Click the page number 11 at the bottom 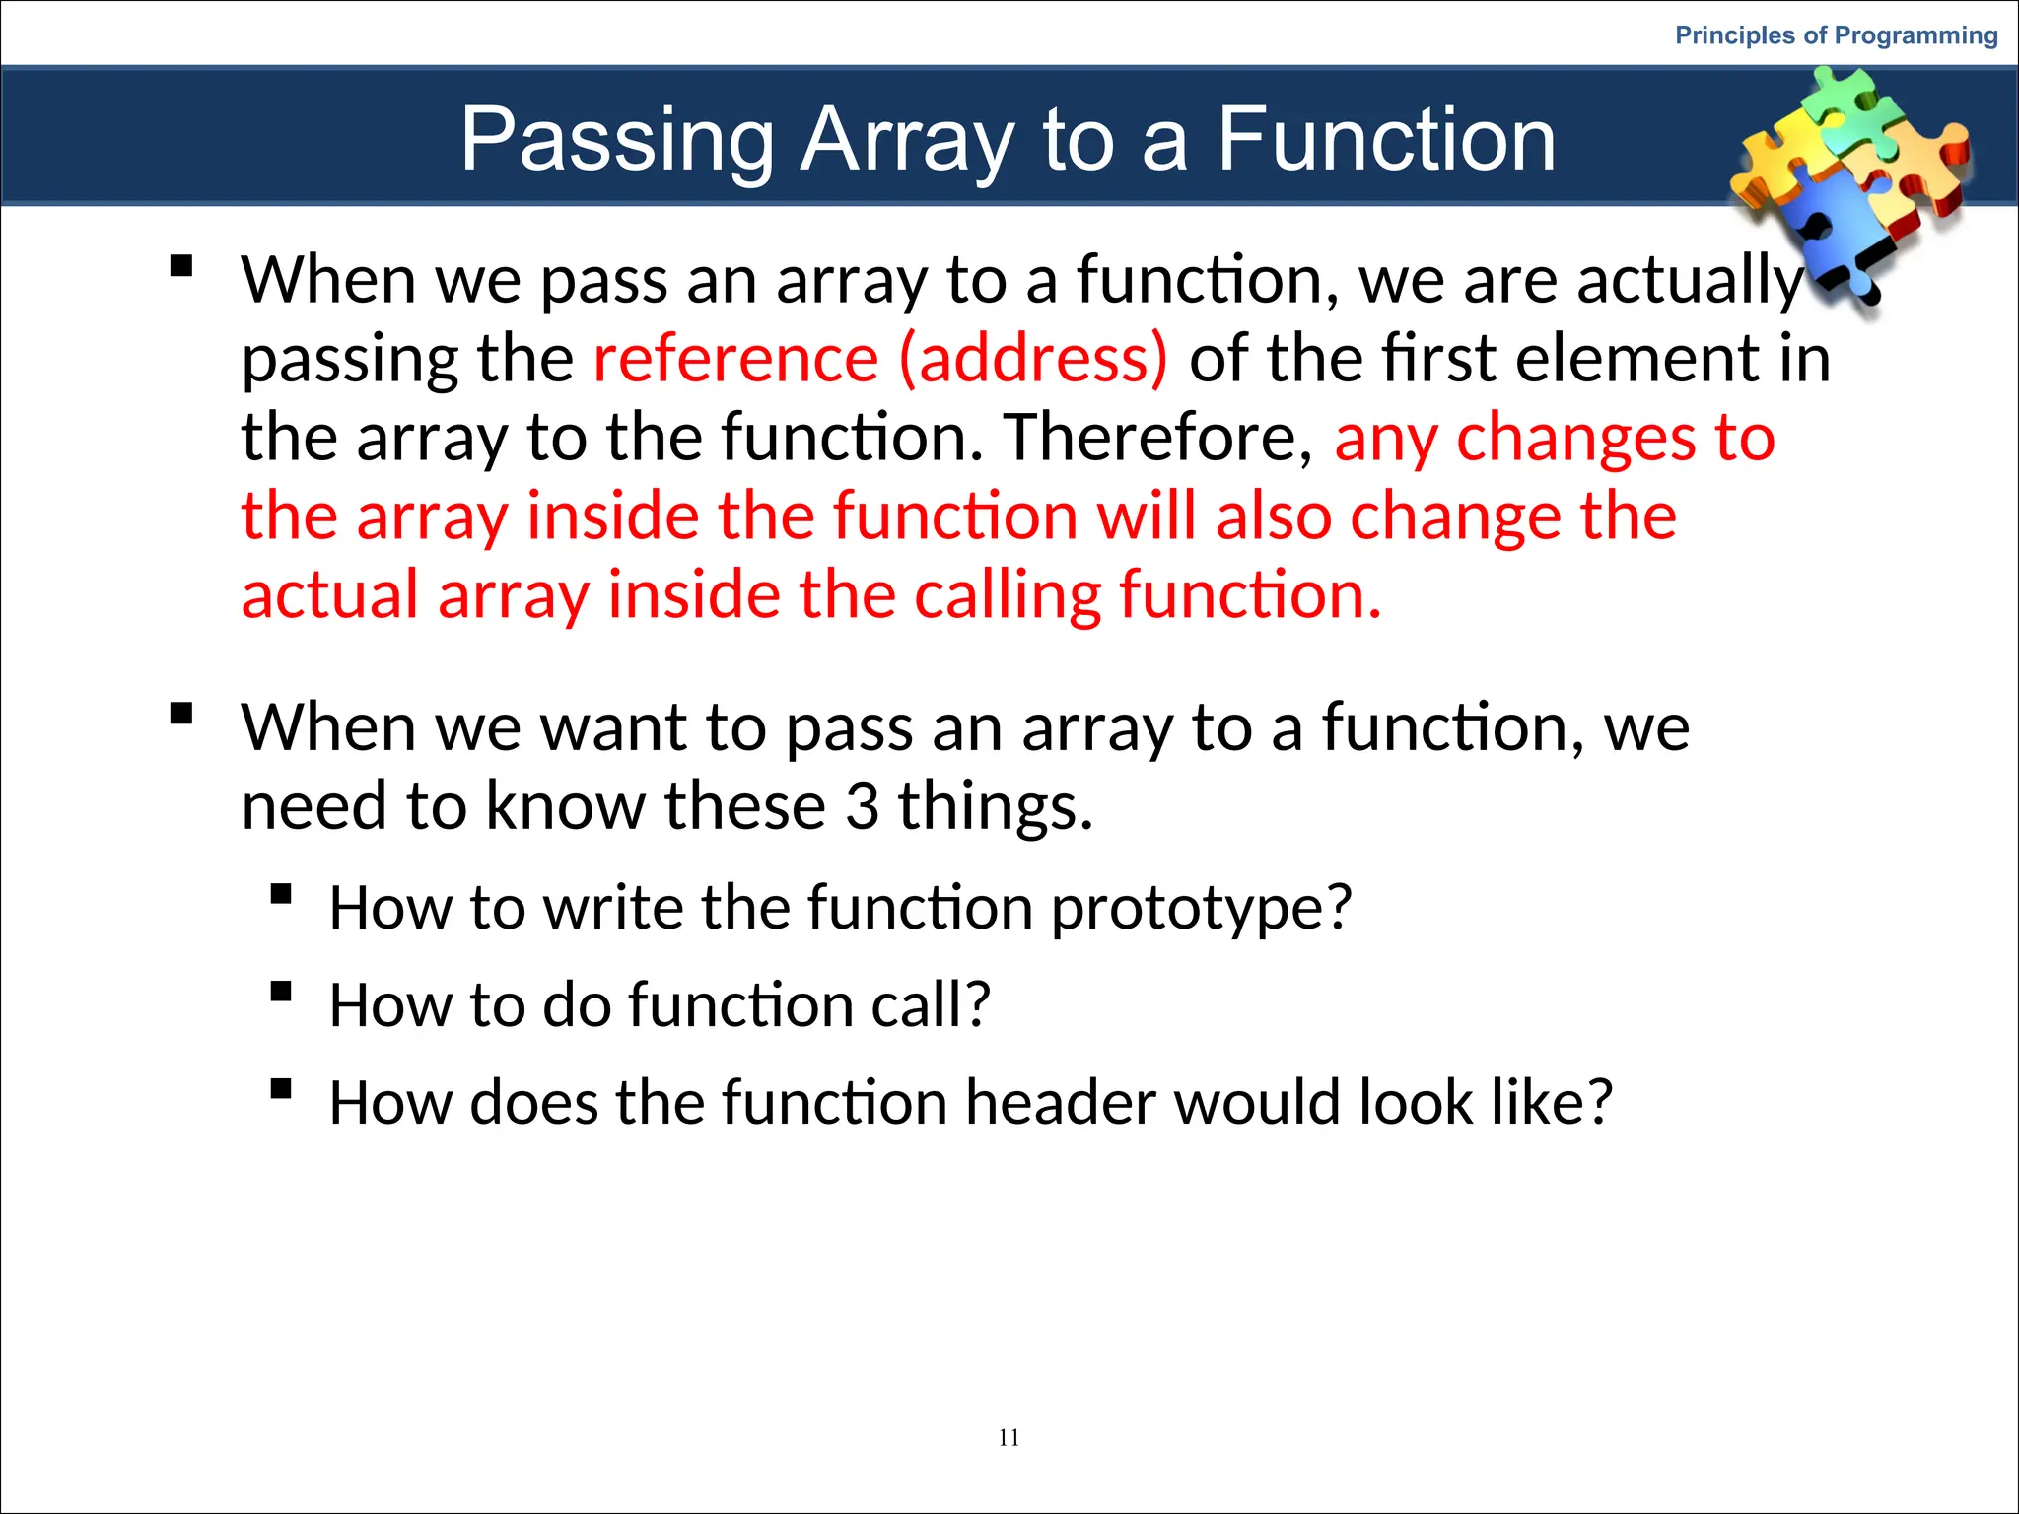[x=1009, y=1438]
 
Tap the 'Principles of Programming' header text [x=1836, y=35]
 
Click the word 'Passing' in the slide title [x=618, y=140]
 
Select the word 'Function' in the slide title [x=1386, y=140]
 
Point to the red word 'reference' [x=735, y=358]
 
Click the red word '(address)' [x=1033, y=358]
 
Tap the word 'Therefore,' [x=1158, y=437]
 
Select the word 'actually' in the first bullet [x=1690, y=281]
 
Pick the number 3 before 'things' [x=862, y=806]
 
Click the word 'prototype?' [x=1201, y=907]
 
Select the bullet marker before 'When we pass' [x=180, y=266]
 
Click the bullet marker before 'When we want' [x=180, y=713]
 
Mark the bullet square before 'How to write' [x=281, y=894]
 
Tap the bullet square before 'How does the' [x=281, y=1089]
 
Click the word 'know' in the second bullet [x=566, y=806]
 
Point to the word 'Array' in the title [x=907, y=140]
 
